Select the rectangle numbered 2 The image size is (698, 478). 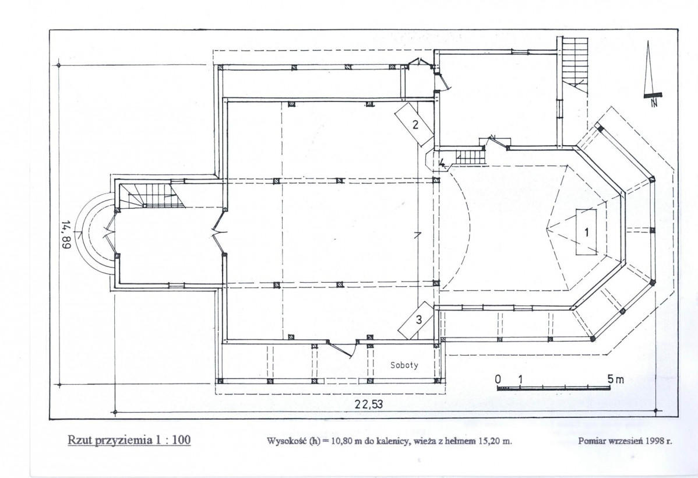[414, 124]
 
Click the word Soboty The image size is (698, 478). [404, 365]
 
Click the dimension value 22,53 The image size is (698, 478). [369, 404]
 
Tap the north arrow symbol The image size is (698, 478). [651, 74]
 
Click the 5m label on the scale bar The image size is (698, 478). [616, 379]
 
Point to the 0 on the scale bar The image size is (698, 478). [498, 379]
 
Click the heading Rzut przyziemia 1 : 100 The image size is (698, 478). [129, 440]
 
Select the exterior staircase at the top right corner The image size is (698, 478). [574, 65]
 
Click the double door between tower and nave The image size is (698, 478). [220, 231]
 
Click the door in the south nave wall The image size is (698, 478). [342, 348]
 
